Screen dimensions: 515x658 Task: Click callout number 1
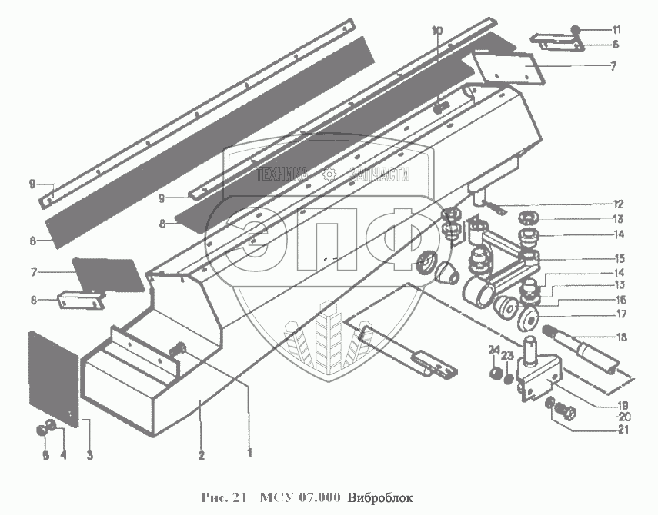coord(249,454)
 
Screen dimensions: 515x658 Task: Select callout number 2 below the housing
coord(200,455)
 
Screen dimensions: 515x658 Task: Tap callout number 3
coord(89,456)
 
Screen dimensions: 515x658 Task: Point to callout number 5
coord(45,456)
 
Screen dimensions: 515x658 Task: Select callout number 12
coord(618,204)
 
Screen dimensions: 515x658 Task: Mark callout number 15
coord(620,257)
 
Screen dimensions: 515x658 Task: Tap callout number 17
coord(620,314)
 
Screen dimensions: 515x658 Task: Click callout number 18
coord(620,336)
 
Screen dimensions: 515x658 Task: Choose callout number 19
coord(620,405)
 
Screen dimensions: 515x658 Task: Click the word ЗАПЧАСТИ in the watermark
coord(379,175)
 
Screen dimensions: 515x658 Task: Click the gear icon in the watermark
coord(330,174)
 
